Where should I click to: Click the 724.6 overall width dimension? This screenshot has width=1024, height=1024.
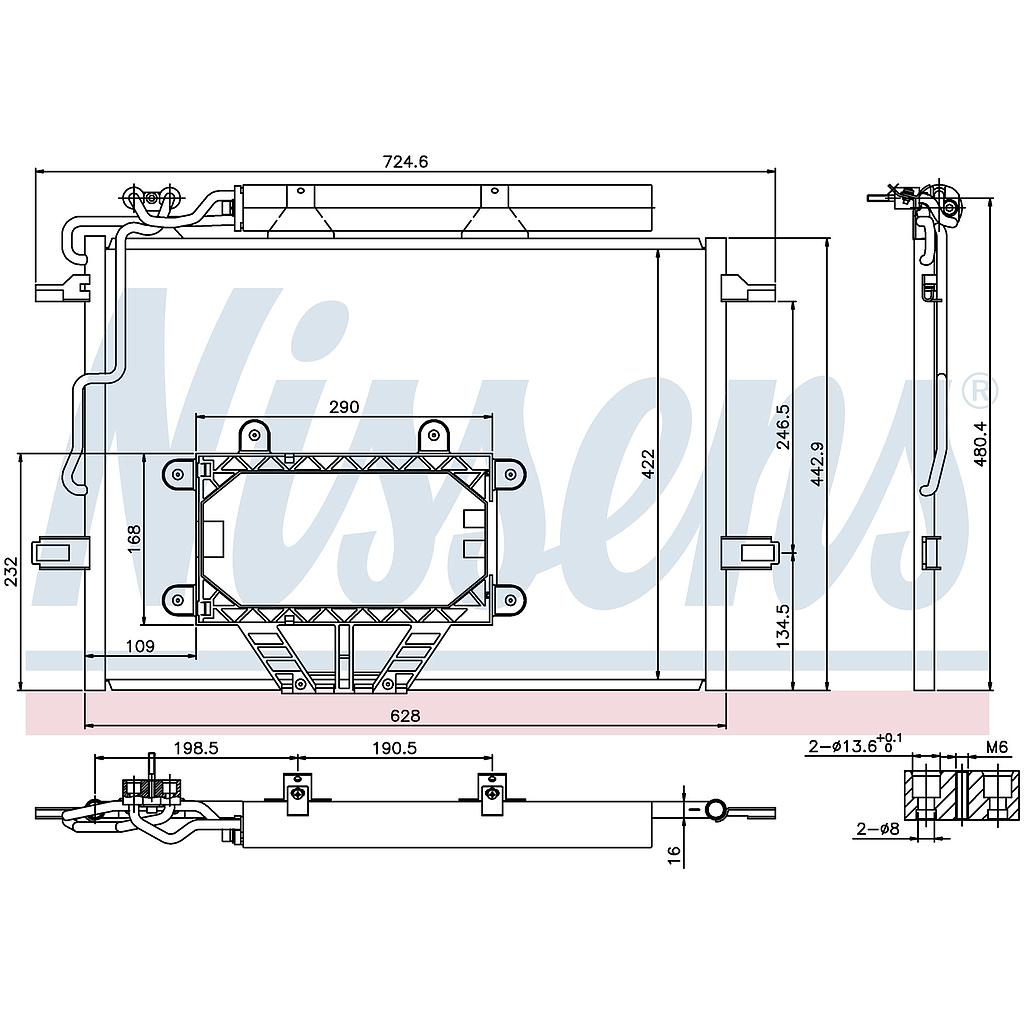coord(405,161)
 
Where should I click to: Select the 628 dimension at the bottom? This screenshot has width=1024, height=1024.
coord(405,716)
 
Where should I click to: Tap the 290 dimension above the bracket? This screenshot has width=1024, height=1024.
coord(344,407)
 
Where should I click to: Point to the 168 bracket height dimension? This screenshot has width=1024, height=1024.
coord(134,538)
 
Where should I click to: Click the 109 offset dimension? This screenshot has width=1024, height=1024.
coord(140,646)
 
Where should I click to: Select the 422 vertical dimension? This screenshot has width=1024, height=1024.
coord(648,464)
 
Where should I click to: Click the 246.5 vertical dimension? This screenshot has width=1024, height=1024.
coord(783,426)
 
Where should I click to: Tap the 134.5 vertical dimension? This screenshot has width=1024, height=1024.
coord(783,626)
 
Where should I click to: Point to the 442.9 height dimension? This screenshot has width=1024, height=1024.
coord(817,464)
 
